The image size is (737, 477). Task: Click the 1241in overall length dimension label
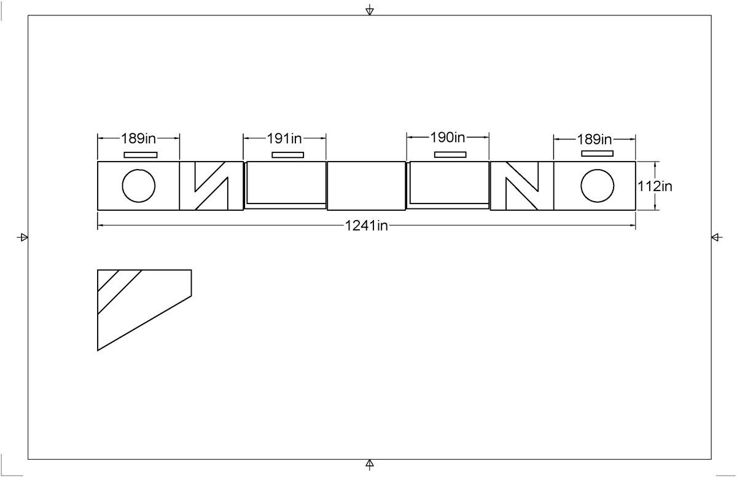pos(366,226)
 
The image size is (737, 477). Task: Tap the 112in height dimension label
pos(655,186)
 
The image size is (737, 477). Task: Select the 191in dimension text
pos(284,137)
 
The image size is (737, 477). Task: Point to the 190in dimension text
pos(448,136)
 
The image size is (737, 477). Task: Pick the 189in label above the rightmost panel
pos(595,139)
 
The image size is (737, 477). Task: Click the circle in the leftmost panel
pos(138,185)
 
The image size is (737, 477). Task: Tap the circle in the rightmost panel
pos(597,185)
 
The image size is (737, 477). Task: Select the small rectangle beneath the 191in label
pos(287,154)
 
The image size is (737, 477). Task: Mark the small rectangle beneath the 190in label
pos(450,154)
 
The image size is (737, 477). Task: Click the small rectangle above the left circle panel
pos(141,154)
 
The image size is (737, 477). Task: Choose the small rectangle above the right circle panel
pos(597,153)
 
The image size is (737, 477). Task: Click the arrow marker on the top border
pos(369,10)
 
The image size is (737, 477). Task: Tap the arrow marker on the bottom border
pos(369,463)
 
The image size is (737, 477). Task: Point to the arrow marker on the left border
pos(23,237)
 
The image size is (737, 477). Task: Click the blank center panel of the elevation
pos(366,185)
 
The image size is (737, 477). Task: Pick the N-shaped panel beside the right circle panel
pos(521,185)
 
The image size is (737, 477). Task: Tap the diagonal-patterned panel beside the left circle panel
pos(211,185)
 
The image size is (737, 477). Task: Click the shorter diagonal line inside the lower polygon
pos(108,280)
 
